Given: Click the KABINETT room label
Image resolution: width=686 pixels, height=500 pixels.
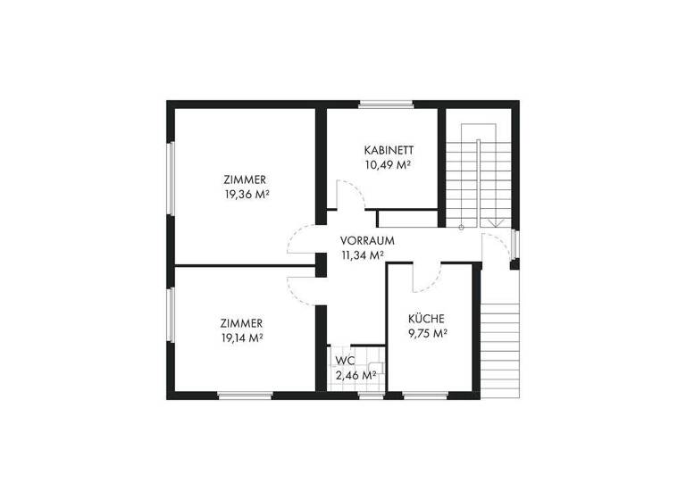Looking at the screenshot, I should click(x=387, y=150).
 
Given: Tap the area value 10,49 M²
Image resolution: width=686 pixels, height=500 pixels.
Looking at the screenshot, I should click(x=387, y=164).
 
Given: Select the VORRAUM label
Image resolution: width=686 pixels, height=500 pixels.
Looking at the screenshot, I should click(x=366, y=241).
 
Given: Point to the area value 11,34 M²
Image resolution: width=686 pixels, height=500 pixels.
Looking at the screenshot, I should click(x=362, y=254).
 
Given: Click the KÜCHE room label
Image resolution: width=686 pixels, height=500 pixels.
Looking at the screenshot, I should click(x=426, y=319).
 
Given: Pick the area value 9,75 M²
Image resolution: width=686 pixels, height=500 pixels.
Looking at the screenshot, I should click(x=427, y=333).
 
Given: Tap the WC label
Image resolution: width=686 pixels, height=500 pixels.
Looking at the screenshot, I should click(x=344, y=361).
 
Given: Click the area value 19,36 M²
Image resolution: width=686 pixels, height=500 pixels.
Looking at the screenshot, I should click(x=247, y=193).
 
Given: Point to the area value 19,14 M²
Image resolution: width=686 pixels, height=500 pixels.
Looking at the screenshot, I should click(x=241, y=337).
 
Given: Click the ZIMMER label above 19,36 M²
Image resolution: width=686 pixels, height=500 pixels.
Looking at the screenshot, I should click(x=245, y=179).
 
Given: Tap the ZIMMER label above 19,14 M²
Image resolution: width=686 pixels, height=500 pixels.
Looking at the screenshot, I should click(x=241, y=323).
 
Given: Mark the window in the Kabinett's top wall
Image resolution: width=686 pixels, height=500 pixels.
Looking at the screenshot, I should click(x=387, y=104).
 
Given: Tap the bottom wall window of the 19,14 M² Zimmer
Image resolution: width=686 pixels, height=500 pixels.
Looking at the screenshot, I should click(x=244, y=395).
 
